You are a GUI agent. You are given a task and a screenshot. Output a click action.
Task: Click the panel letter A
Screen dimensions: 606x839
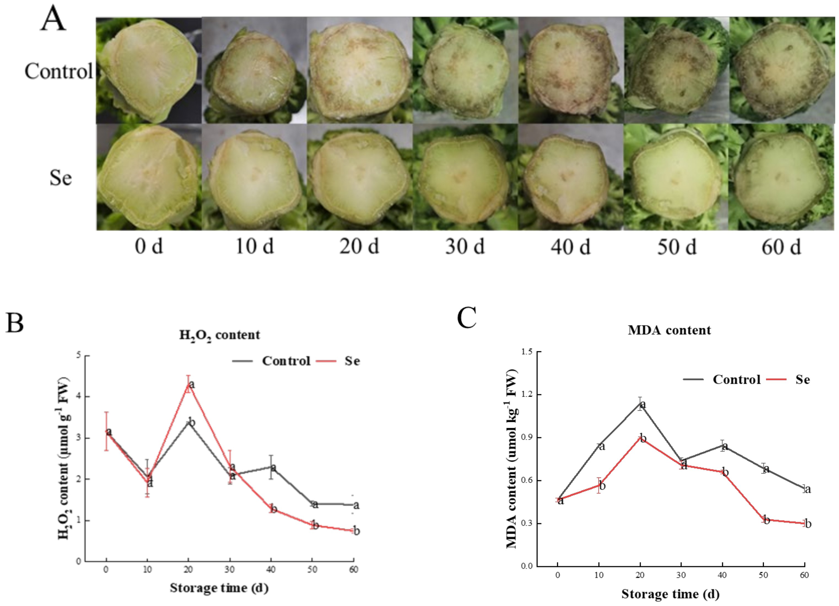click(53, 19)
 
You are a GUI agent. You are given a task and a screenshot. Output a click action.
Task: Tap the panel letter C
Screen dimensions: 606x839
click(466, 318)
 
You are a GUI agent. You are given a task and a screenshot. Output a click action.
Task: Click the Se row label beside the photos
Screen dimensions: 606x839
click(60, 178)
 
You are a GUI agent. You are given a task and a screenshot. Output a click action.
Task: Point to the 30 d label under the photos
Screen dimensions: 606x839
click(465, 246)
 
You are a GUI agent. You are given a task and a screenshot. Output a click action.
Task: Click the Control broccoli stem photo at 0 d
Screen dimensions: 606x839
click(149, 70)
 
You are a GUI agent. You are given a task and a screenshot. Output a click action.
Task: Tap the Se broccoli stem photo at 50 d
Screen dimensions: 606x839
click(676, 177)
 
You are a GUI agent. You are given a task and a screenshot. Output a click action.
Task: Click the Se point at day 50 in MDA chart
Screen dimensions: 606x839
click(764, 519)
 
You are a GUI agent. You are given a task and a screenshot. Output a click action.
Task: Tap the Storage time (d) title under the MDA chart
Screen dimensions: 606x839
click(670, 594)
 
